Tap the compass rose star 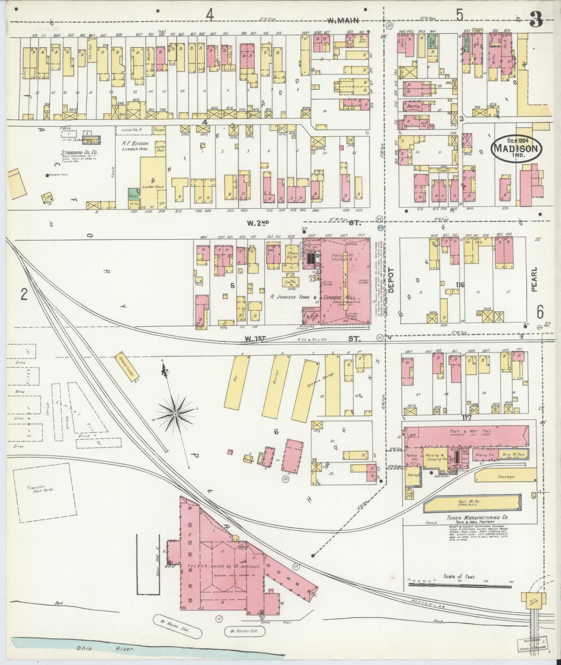click(175, 414)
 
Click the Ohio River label click(86, 648)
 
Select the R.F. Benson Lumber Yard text click(135, 145)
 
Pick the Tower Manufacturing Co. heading click(477, 518)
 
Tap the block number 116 click(460, 285)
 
